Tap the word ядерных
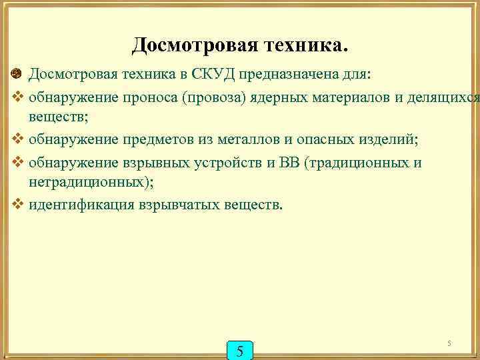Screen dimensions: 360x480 coord(277,97)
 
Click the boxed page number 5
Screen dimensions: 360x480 coord(240,350)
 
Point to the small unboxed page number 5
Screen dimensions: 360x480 coord(449,343)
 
